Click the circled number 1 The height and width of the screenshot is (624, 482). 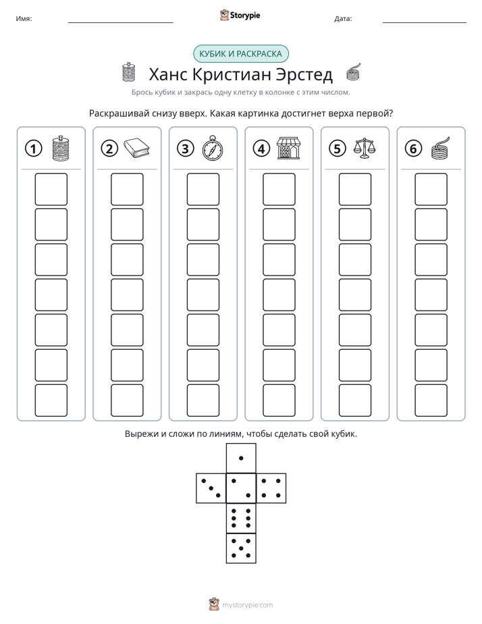pyautogui.click(x=33, y=149)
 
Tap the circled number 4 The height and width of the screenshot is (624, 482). pyautogui.click(x=261, y=149)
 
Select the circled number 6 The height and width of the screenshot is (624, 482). pyautogui.click(x=413, y=149)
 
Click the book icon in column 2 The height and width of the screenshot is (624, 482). pyautogui.click(x=136, y=149)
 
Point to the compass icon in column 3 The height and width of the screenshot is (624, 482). pyautogui.click(x=213, y=148)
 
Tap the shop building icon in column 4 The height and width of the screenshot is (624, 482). pyautogui.click(x=289, y=148)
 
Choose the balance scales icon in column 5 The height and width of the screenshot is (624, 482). pyautogui.click(x=365, y=148)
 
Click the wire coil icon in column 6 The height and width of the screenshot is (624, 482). pyautogui.click(x=441, y=149)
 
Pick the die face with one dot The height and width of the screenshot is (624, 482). pyautogui.click(x=241, y=459)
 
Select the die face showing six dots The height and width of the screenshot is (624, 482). pyautogui.click(x=241, y=518)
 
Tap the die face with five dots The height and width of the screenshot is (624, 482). pyautogui.click(x=241, y=548)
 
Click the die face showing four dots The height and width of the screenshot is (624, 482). pyautogui.click(x=271, y=488)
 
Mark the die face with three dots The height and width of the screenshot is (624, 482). pyautogui.click(x=211, y=488)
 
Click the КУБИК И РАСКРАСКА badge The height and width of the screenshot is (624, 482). pyautogui.click(x=241, y=54)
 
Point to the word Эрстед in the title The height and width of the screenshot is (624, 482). pyautogui.click(x=304, y=74)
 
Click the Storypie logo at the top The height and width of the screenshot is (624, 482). pyautogui.click(x=240, y=16)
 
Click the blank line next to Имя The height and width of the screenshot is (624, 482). pyautogui.click(x=120, y=22)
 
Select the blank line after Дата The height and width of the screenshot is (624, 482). pyautogui.click(x=425, y=22)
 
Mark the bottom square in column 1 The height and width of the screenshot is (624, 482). pyautogui.click(x=51, y=400)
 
